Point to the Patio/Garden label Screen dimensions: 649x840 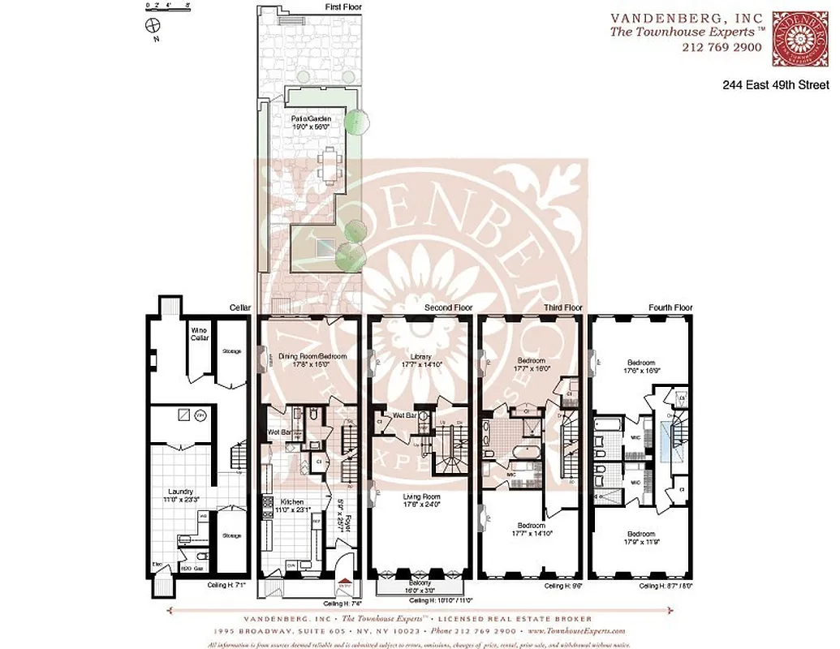[312, 122]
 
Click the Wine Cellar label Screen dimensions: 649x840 [199, 334]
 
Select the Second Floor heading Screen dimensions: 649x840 [448, 308]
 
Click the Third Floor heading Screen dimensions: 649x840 [562, 308]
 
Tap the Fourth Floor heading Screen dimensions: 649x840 [670, 308]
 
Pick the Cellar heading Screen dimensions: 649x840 [240, 308]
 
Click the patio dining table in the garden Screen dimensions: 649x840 [330, 166]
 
